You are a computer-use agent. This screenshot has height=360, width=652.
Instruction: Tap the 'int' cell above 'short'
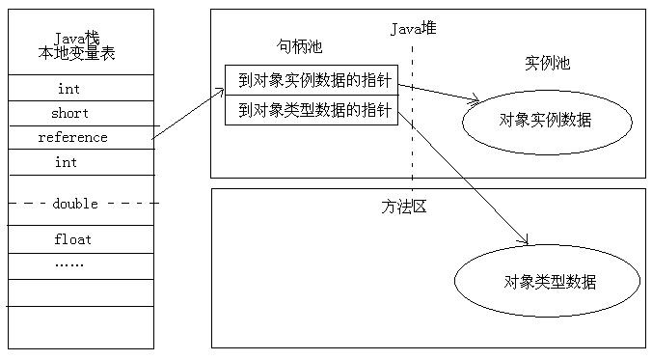point(68,89)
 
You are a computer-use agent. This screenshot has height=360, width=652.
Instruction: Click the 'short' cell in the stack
point(69,113)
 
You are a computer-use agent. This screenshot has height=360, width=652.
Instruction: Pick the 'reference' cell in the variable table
point(72,137)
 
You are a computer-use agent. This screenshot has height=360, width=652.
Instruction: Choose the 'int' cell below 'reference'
point(66,162)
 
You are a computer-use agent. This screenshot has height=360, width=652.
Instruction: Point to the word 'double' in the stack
point(75,203)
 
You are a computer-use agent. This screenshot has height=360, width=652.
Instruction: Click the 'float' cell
point(72,238)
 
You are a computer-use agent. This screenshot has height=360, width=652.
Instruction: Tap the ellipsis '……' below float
point(68,263)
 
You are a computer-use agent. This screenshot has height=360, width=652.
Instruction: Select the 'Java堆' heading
point(413,29)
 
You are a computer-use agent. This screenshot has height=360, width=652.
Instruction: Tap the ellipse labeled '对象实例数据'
point(546,121)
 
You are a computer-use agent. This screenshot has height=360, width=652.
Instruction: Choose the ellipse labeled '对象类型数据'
point(547,281)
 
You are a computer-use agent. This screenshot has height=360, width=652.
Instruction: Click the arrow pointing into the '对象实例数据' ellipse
point(440,93)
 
